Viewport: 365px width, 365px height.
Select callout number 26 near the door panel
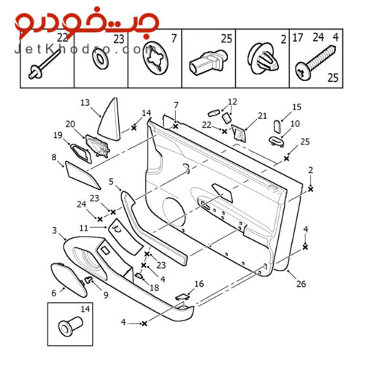tap(301, 284)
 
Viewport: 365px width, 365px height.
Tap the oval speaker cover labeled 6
tap(69, 280)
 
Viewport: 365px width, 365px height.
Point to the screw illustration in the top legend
tap(317, 62)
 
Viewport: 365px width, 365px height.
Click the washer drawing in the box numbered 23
tap(100, 59)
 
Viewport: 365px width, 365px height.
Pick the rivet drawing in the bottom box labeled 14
tap(71, 326)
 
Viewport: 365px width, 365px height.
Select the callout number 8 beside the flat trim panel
tap(54, 157)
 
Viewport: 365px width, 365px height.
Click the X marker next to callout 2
tap(310, 189)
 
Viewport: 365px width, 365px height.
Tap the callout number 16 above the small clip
tap(199, 284)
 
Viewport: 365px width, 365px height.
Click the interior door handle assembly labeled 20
tap(98, 147)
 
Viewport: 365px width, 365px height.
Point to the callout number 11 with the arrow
tap(83, 228)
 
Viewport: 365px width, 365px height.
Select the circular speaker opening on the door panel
tap(174, 212)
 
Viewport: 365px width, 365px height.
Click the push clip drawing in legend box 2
tap(263, 59)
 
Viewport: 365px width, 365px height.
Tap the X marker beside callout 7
tap(175, 126)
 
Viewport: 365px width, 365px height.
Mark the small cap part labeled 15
tap(277, 126)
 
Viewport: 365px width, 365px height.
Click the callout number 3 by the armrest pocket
tap(55, 230)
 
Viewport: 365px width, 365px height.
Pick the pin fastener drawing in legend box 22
tap(45, 64)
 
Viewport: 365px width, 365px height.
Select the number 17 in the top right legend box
tap(297, 38)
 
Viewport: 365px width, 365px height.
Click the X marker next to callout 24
tap(100, 219)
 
